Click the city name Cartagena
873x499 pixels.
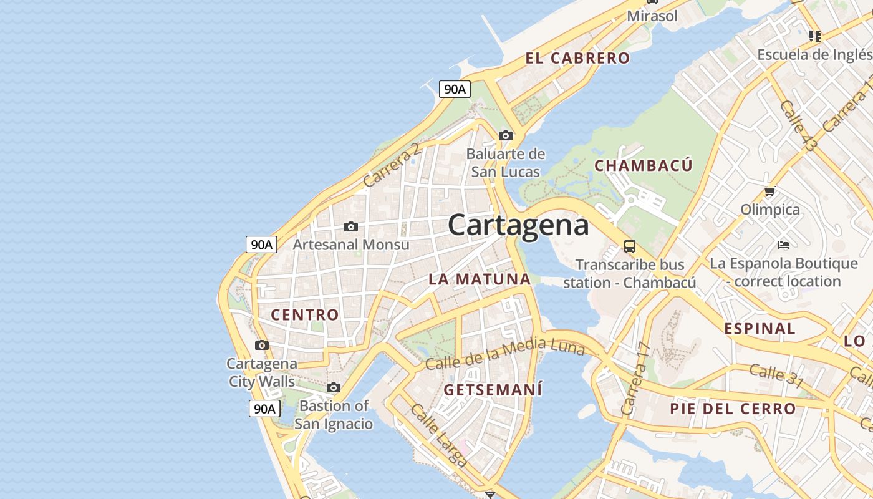click(518, 225)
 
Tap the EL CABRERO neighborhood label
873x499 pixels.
click(577, 59)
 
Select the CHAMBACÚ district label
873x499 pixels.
click(643, 166)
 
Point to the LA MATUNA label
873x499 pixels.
click(479, 279)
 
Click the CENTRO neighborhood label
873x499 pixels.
click(305, 315)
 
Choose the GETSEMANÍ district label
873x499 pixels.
click(493, 390)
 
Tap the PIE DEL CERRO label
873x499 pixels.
click(733, 409)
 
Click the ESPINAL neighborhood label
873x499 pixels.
click(760, 329)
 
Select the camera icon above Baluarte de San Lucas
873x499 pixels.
click(506, 135)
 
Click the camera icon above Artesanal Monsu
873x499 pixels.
click(351, 226)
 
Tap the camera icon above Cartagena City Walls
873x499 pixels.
click(262, 345)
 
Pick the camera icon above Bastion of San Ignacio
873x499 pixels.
click(334, 388)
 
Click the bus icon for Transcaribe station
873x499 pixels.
click(630, 246)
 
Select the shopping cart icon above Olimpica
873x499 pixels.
click(770, 191)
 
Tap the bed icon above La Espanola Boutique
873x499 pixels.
click(784, 245)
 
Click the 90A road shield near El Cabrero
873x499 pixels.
click(454, 89)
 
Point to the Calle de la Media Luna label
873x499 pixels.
click(505, 352)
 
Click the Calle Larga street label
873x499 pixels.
click(439, 435)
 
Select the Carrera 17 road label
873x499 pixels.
click(635, 380)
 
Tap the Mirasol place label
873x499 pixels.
click(652, 16)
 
